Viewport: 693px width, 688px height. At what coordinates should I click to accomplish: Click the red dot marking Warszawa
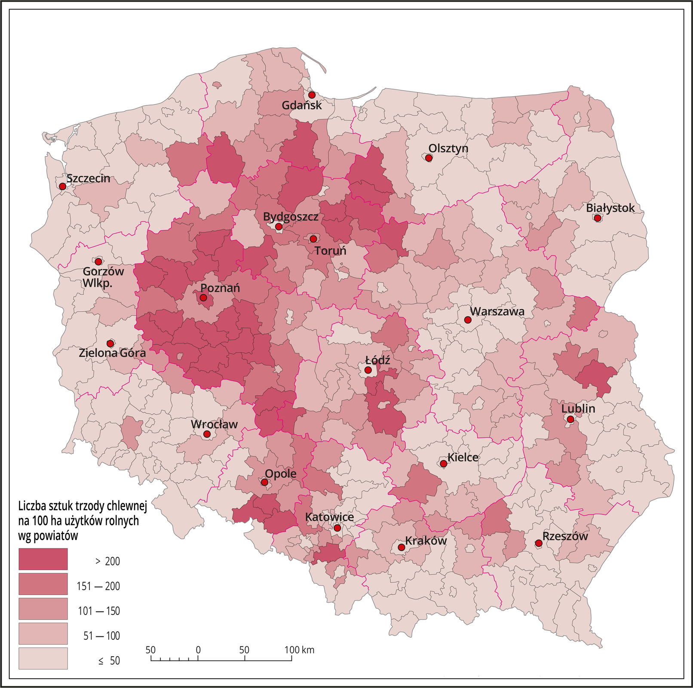(468, 320)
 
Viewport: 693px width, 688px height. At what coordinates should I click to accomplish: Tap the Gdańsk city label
(301, 105)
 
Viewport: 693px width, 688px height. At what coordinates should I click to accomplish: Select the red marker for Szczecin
(62, 186)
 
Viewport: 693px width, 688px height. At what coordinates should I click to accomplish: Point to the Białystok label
(610, 208)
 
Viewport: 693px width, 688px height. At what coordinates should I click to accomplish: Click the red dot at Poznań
(203, 298)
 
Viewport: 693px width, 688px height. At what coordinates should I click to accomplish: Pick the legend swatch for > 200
(43, 559)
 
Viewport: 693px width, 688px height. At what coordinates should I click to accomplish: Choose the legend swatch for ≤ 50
(43, 658)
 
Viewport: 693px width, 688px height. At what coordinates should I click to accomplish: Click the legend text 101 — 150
(99, 611)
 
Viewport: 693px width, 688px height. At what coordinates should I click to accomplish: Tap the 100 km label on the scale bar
(300, 650)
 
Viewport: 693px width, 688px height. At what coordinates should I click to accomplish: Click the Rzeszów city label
(564, 536)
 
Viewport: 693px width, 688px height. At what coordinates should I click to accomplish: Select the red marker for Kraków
(401, 547)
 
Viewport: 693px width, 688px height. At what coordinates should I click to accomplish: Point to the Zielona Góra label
(112, 353)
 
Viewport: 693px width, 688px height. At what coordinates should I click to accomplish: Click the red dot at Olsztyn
(429, 158)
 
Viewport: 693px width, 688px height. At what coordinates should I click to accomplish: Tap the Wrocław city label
(214, 424)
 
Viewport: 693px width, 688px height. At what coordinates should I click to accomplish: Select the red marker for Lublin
(570, 419)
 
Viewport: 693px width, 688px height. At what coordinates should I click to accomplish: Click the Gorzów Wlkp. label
(103, 277)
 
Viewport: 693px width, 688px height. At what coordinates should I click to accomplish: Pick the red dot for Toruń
(313, 239)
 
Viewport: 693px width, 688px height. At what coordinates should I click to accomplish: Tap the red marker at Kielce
(443, 464)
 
